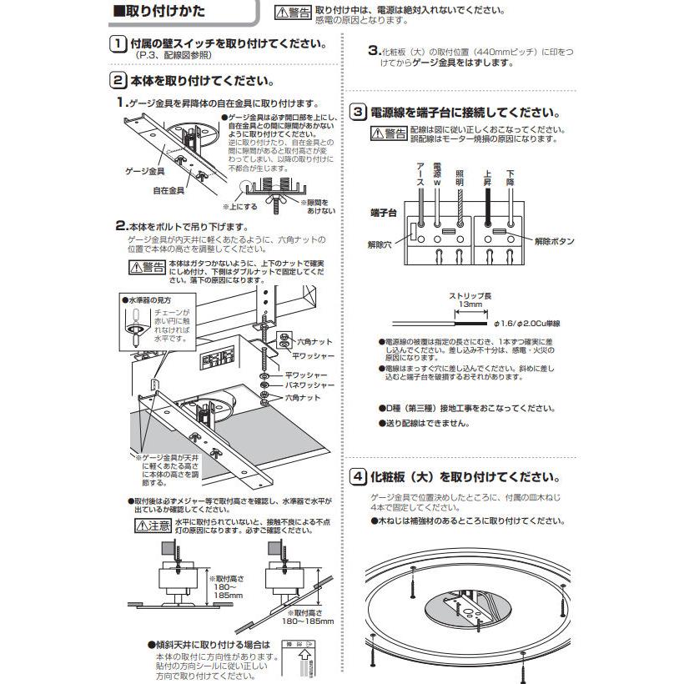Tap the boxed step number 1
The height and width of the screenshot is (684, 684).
[x=118, y=45]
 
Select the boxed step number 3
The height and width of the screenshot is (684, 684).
[x=357, y=113]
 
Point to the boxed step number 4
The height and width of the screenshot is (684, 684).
[x=357, y=477]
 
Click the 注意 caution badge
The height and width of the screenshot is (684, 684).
[x=153, y=526]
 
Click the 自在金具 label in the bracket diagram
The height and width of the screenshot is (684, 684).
[x=169, y=190]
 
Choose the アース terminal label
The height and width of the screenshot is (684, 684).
[x=420, y=174]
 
